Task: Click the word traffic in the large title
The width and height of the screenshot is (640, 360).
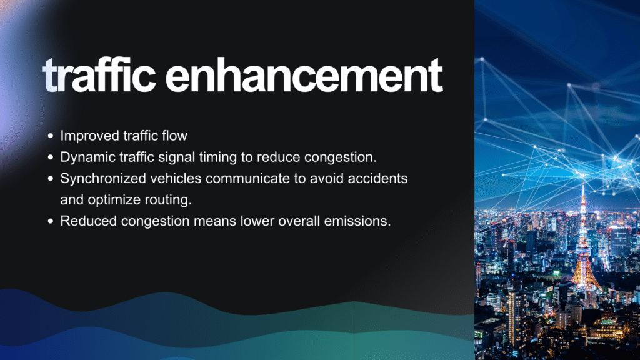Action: [99, 75]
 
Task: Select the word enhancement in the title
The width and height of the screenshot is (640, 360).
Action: [304, 75]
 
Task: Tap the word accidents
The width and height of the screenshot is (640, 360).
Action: [377, 178]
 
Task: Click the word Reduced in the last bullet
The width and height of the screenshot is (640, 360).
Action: [89, 221]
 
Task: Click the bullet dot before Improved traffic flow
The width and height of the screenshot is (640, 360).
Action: [51, 136]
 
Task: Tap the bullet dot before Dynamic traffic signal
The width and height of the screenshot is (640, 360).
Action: [51, 157]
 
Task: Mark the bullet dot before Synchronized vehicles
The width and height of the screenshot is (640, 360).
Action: [51, 178]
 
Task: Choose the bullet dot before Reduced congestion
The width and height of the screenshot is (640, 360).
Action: [51, 221]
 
